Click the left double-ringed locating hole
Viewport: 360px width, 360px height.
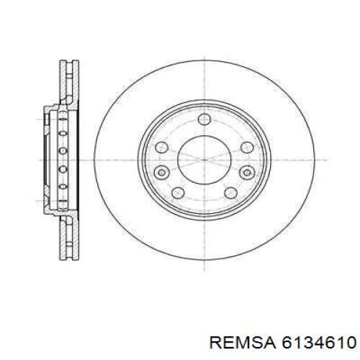point(161,171)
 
